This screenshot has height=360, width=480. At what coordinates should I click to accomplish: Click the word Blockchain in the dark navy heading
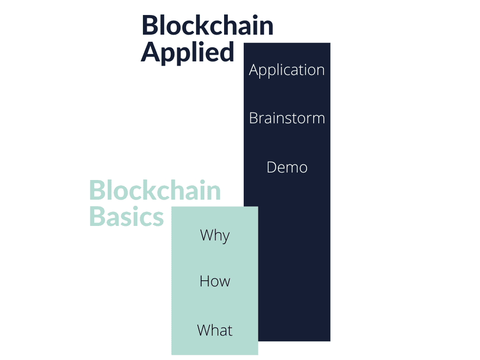[x=208, y=25]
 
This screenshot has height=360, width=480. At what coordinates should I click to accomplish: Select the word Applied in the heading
[x=187, y=52]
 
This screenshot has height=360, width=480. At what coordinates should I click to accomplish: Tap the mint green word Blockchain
[x=155, y=190]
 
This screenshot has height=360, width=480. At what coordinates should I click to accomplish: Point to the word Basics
[x=127, y=216]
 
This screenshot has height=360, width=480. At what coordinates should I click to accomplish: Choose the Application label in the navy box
[x=287, y=70]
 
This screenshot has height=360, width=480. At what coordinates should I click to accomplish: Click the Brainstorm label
[x=287, y=118]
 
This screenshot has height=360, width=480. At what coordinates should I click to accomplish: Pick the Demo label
[x=287, y=167]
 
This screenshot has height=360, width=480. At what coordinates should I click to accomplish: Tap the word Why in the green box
[x=215, y=236]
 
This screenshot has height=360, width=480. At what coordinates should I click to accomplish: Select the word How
[x=215, y=281]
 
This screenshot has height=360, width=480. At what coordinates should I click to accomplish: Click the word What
[x=215, y=330]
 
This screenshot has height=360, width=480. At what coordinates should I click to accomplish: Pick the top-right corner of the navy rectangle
[x=330, y=43]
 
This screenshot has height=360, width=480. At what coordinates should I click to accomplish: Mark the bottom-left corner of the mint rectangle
[x=172, y=355]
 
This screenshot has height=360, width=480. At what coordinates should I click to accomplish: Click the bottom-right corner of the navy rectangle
[x=330, y=341]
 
